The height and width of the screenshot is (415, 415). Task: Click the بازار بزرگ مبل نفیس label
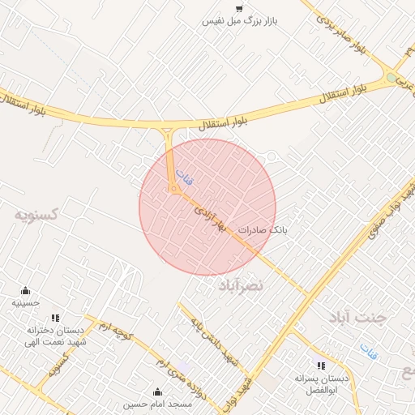[x=240, y=21]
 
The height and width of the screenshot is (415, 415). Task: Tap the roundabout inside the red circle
[x=174, y=189]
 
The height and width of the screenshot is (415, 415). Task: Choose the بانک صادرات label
[x=263, y=231]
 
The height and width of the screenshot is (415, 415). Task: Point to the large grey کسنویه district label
[x=37, y=215]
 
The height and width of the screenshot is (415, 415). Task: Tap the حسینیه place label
[x=26, y=302]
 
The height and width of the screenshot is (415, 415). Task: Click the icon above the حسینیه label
[x=26, y=290]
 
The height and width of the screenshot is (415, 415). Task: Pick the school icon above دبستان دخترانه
[x=55, y=318]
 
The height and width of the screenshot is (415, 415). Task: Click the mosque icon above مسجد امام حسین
[x=158, y=391]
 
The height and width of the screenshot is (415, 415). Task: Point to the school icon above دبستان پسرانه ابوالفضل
[x=322, y=366]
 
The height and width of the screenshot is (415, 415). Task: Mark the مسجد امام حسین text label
[x=158, y=404]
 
